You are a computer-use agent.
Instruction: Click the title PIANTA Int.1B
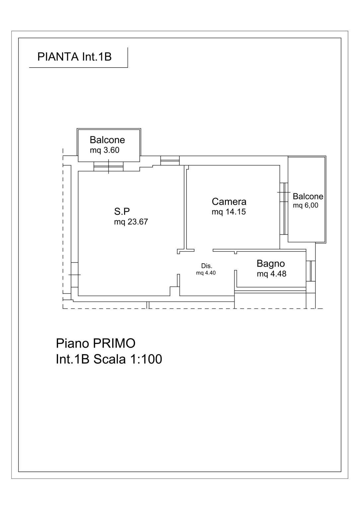[74, 57]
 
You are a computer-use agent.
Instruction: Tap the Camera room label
[229, 202]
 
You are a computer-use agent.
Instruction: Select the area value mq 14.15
[229, 212]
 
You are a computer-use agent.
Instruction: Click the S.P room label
[122, 212]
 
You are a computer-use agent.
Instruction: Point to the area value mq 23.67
[131, 222]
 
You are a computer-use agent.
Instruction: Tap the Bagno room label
[271, 264]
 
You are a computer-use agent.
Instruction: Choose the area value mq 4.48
[271, 274]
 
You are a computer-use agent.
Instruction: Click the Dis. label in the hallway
[207, 266]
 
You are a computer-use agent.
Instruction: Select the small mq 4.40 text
[206, 273]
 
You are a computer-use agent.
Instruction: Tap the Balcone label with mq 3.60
[108, 140]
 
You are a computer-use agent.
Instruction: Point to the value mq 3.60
[105, 150]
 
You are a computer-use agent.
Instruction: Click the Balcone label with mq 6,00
[308, 196]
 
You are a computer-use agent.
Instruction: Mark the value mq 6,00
[306, 205]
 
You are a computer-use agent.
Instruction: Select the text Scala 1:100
[128, 359]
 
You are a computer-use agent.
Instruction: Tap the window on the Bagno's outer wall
[311, 271]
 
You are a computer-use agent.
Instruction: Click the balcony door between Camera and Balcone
[284, 208]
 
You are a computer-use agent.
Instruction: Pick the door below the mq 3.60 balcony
[108, 166]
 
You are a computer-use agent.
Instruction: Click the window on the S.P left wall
[75, 275]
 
